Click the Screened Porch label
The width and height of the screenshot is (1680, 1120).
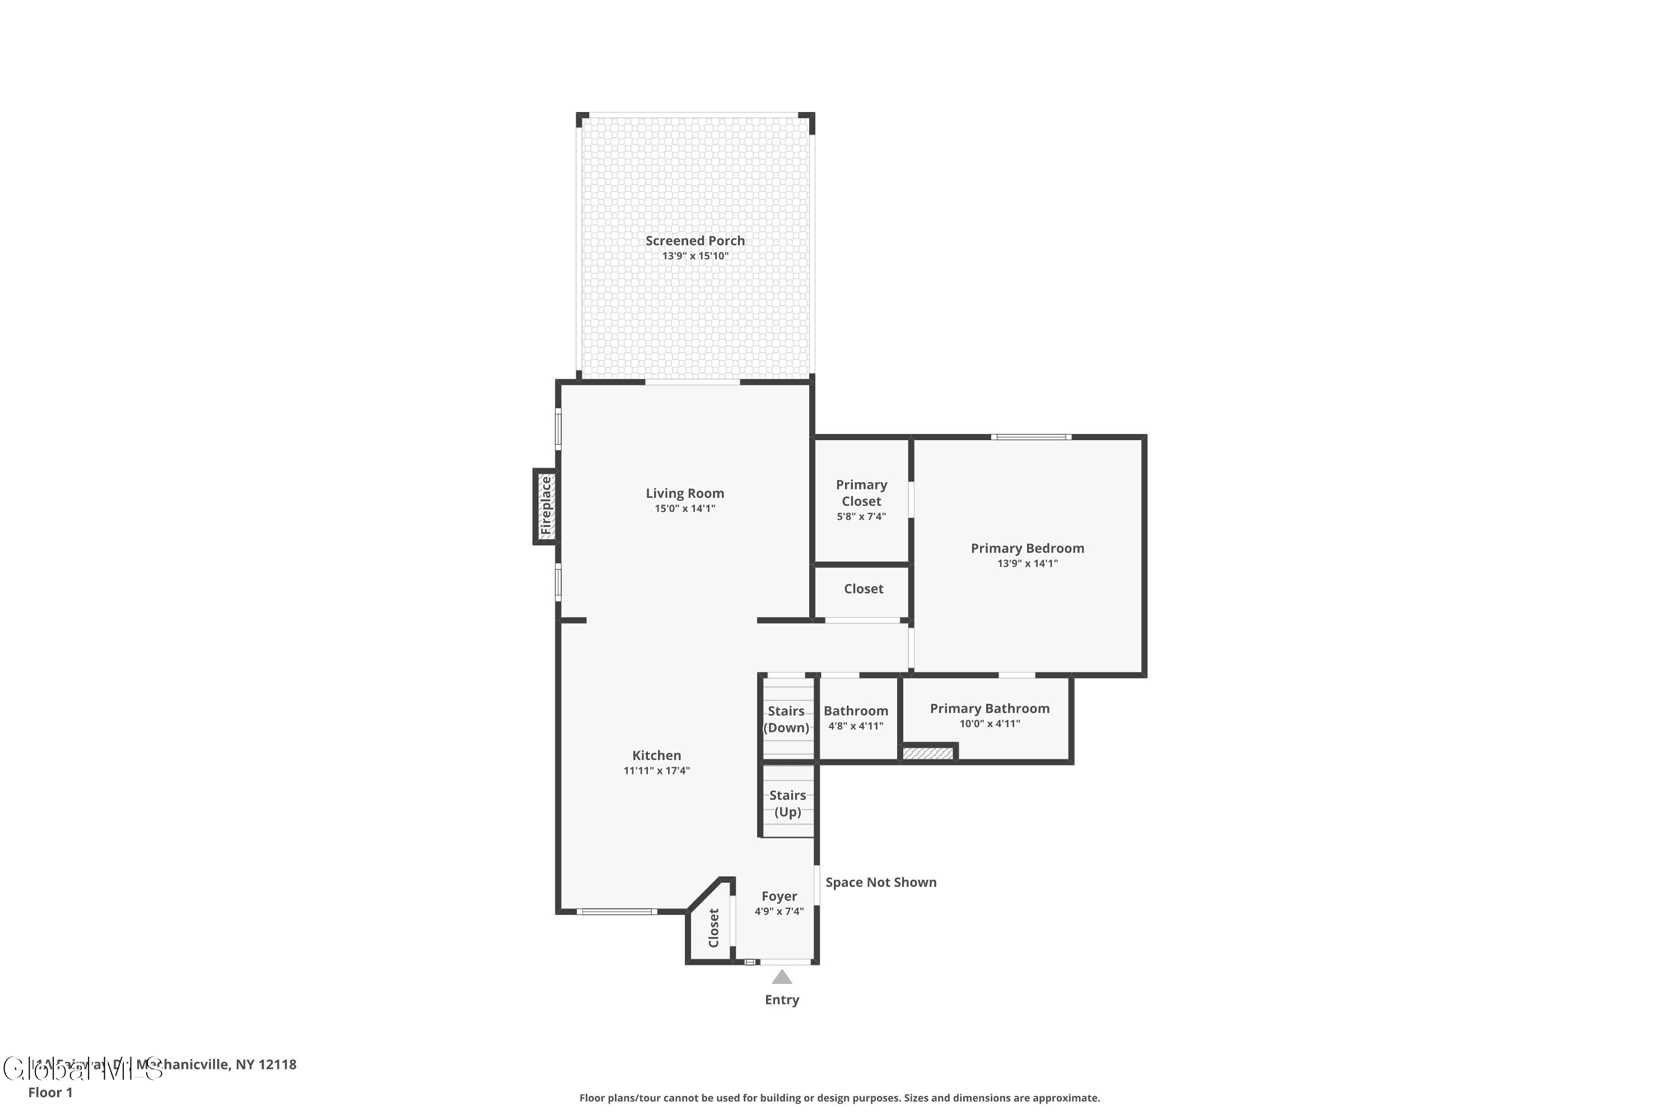click(x=694, y=241)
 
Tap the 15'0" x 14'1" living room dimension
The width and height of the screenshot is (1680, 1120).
click(x=684, y=508)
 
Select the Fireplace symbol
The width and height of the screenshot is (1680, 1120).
click(x=545, y=506)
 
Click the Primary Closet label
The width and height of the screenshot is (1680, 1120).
click(x=861, y=493)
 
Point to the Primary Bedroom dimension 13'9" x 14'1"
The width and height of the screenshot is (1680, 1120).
click(x=1026, y=563)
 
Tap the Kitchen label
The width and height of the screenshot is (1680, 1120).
click(x=656, y=755)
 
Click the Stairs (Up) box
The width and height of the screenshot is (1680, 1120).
click(x=788, y=803)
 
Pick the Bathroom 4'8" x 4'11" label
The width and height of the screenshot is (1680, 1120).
click(x=855, y=717)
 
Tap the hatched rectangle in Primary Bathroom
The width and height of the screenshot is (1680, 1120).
click(x=927, y=753)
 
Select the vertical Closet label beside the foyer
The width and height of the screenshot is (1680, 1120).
click(x=713, y=927)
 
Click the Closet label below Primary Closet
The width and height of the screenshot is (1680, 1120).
click(x=863, y=589)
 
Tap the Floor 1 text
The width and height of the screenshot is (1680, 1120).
click(x=50, y=1092)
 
